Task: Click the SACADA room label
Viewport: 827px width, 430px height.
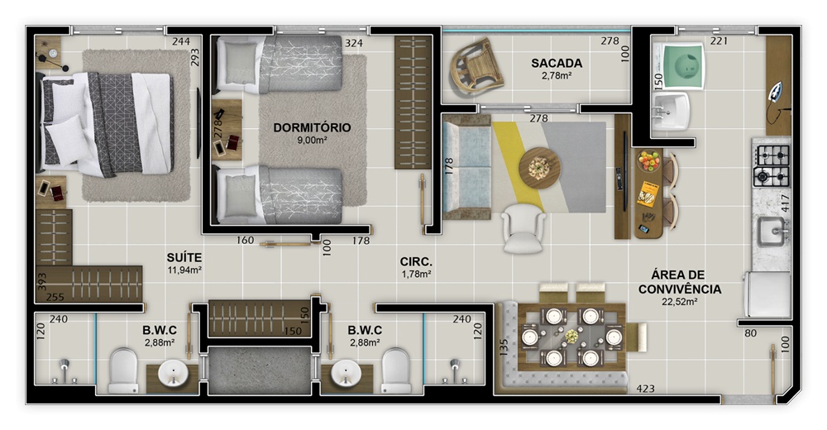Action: point(557,64)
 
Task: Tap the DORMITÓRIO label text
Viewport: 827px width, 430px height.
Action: point(312,127)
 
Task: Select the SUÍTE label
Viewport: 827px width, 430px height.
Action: point(184,257)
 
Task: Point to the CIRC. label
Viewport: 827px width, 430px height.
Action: point(416,261)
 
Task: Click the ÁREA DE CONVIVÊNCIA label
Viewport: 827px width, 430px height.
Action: point(679,282)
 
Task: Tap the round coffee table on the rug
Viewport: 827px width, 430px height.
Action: point(539,168)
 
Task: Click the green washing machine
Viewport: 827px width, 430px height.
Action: point(681,66)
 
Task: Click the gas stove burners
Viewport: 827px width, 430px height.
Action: point(771,166)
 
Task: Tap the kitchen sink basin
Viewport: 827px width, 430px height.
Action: point(772,232)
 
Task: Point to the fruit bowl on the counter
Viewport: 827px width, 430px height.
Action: point(648,160)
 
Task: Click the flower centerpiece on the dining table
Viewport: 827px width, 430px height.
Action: point(571,336)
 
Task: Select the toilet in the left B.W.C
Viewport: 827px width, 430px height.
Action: point(123,370)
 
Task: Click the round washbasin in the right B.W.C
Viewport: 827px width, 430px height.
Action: point(346,374)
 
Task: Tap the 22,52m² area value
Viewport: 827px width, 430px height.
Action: point(679,303)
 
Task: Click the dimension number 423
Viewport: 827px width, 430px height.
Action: point(646,389)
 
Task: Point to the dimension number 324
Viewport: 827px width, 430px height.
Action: point(354,43)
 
